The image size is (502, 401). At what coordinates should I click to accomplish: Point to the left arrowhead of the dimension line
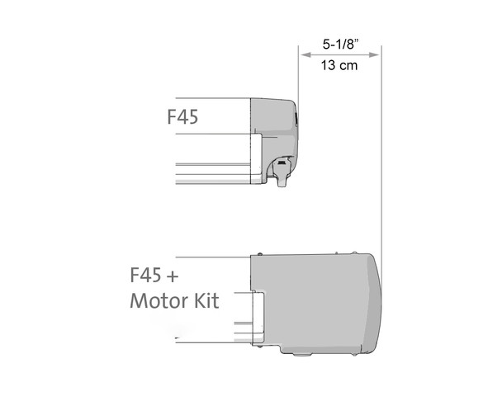(302, 54)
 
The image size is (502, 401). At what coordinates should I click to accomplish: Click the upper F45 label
(182, 117)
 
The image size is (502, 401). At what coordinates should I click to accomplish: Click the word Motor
(161, 301)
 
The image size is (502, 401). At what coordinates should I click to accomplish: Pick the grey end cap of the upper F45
(272, 124)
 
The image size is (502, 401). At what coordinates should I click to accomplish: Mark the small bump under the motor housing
(301, 355)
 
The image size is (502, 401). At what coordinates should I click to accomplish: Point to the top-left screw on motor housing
(260, 253)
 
